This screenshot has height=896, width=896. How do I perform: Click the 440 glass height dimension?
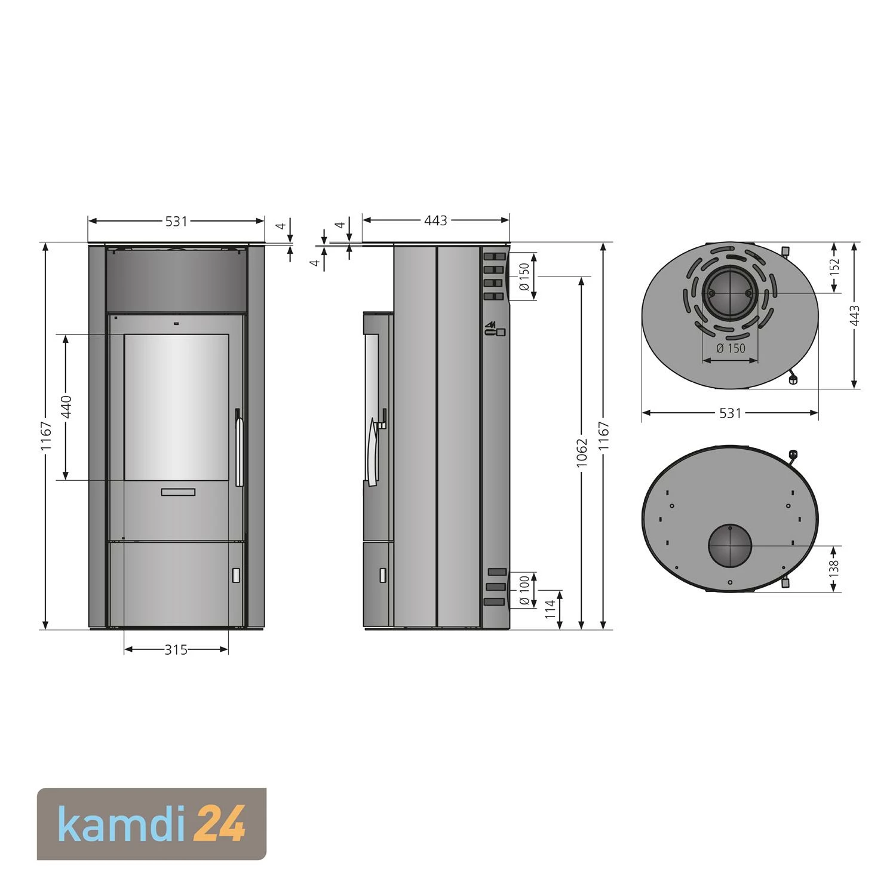66,407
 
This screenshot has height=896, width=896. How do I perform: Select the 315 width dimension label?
176,650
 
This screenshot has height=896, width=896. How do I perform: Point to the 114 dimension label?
550,609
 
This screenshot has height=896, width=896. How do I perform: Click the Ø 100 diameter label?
524,590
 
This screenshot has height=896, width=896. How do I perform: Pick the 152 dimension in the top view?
835,266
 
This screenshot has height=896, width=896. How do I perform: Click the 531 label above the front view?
176,222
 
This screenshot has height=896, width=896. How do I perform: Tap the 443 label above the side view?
435,221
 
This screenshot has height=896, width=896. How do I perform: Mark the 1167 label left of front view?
47,436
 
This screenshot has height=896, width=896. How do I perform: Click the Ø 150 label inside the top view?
731,348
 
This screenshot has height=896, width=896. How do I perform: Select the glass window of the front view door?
176,406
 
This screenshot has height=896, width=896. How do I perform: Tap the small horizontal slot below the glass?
177,492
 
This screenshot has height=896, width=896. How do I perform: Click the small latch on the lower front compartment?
236,575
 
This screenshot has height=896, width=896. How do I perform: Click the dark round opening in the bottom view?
729,546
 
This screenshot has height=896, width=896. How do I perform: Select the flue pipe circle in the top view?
729,293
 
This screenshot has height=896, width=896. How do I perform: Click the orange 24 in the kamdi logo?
220,824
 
